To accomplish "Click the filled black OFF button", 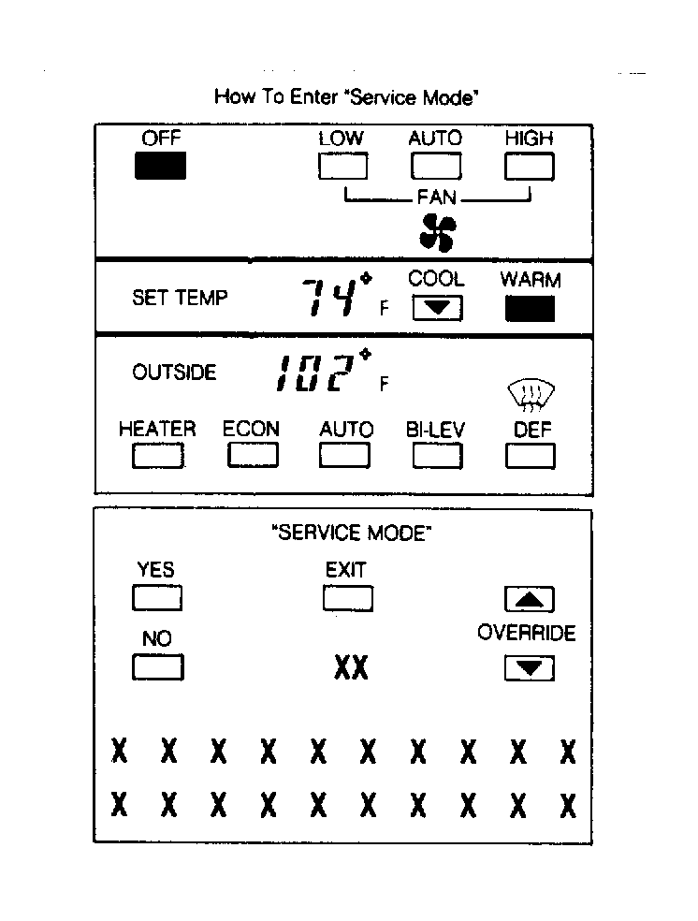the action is (x=160, y=166).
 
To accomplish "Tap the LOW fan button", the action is (x=342, y=166).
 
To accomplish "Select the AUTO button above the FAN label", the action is (x=436, y=166).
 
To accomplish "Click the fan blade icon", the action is (x=437, y=233).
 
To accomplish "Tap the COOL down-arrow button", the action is (x=437, y=308).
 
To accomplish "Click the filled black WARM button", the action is (x=530, y=308).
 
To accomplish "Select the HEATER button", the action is (x=158, y=455).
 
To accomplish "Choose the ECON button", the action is (x=253, y=455).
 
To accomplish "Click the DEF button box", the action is (x=530, y=455).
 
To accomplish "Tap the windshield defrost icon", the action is (x=531, y=394).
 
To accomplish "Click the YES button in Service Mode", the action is (x=157, y=598).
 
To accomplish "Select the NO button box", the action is (x=158, y=666).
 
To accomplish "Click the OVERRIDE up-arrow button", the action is (x=529, y=598).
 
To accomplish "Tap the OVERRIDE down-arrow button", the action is (x=529, y=668).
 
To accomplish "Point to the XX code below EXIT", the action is (x=351, y=667).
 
